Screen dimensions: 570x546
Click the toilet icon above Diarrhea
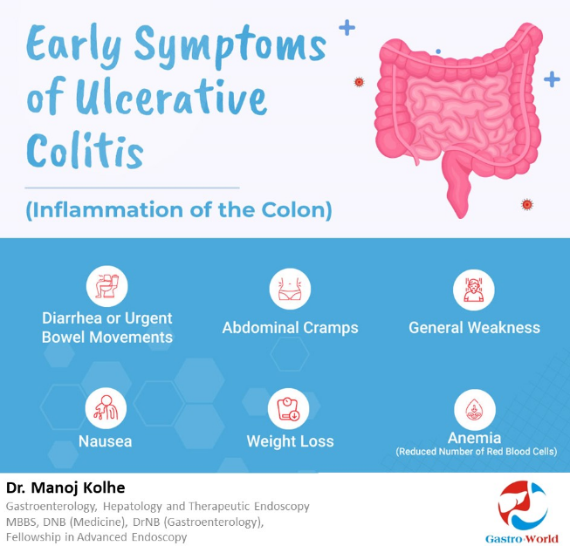(x=106, y=286)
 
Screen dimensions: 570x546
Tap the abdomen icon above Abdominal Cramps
(x=290, y=289)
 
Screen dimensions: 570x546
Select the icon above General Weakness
(x=474, y=290)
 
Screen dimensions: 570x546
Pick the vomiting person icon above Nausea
(x=106, y=408)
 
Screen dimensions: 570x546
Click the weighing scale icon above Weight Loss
(x=288, y=409)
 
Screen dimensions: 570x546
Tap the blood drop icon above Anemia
(x=475, y=410)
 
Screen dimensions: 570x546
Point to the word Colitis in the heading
(x=85, y=150)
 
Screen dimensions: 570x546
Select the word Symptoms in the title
(x=230, y=45)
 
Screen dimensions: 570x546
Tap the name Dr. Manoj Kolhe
(x=65, y=488)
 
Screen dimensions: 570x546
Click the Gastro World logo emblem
(x=523, y=506)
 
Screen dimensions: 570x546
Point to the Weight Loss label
(x=290, y=441)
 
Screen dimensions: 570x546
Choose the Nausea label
(x=105, y=441)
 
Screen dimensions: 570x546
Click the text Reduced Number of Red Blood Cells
(x=477, y=452)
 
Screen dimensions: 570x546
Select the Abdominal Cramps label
(x=290, y=328)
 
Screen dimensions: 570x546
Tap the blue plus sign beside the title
(x=347, y=28)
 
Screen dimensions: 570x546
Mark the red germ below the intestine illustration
(x=526, y=204)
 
